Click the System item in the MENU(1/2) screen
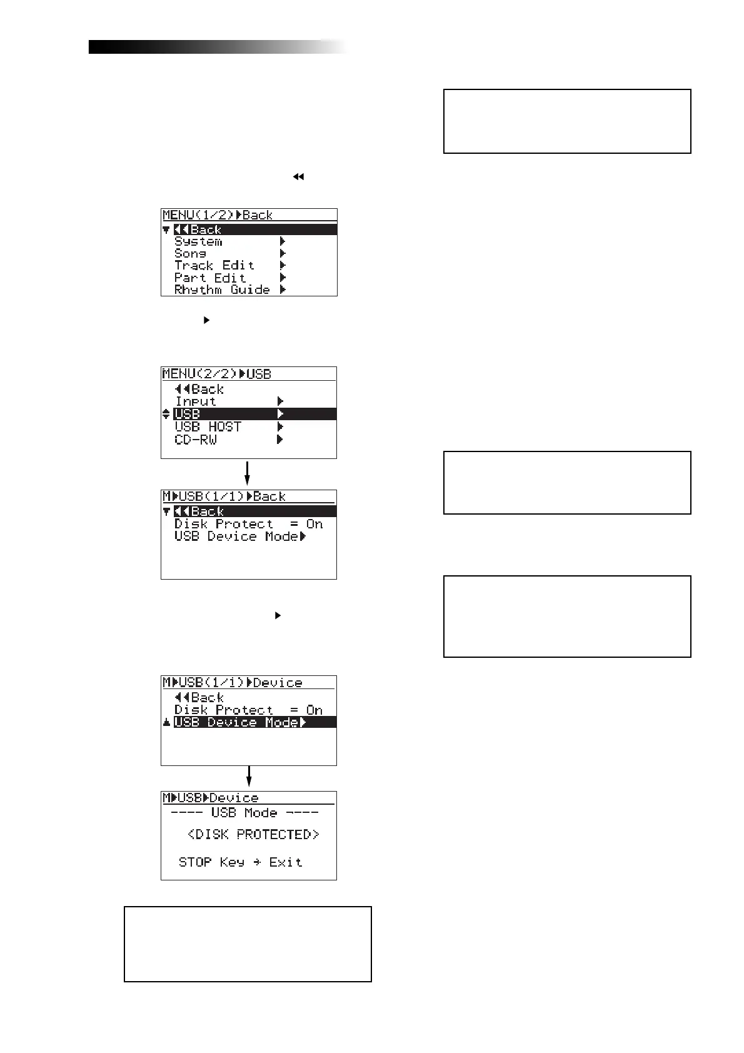[198, 241]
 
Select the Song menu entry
[190, 253]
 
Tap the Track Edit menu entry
[214, 265]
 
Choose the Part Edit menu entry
[210, 278]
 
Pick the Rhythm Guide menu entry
[222, 290]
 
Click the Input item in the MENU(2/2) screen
[195, 401]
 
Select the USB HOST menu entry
[208, 426]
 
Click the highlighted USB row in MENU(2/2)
[254, 414]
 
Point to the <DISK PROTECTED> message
[253, 834]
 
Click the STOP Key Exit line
[240, 862]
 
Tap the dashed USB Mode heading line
[244, 813]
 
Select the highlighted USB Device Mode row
[254, 722]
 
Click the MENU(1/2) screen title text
[218, 215]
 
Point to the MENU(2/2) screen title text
[216, 374]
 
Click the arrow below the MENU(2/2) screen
[248, 473]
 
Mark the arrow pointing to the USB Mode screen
[249, 777]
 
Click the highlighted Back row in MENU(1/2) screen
[254, 229]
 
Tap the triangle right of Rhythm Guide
[283, 290]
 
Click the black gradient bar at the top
[213, 47]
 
